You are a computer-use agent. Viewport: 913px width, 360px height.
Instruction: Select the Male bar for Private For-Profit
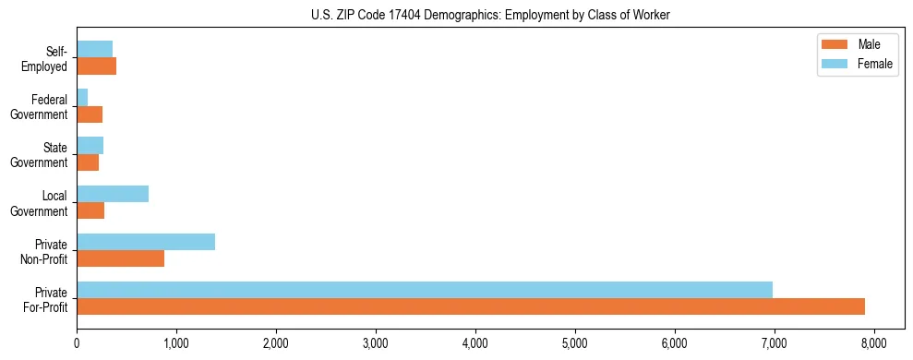(471, 306)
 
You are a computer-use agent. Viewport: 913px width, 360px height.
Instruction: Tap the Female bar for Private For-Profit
(425, 290)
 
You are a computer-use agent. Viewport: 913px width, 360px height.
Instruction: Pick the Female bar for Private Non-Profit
(146, 242)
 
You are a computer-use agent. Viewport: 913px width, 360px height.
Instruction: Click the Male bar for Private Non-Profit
(120, 258)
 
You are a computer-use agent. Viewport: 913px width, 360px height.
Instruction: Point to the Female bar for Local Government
(113, 194)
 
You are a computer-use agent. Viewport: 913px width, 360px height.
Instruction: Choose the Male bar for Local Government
(90, 210)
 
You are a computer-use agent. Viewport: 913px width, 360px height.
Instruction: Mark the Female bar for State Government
(90, 146)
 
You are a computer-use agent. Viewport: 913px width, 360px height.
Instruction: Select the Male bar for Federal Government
(90, 114)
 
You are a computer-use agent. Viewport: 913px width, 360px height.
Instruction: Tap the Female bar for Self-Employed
(94, 50)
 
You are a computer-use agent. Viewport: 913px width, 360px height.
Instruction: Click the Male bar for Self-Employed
(96, 66)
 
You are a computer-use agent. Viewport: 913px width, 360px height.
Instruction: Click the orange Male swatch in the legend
(834, 44)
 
